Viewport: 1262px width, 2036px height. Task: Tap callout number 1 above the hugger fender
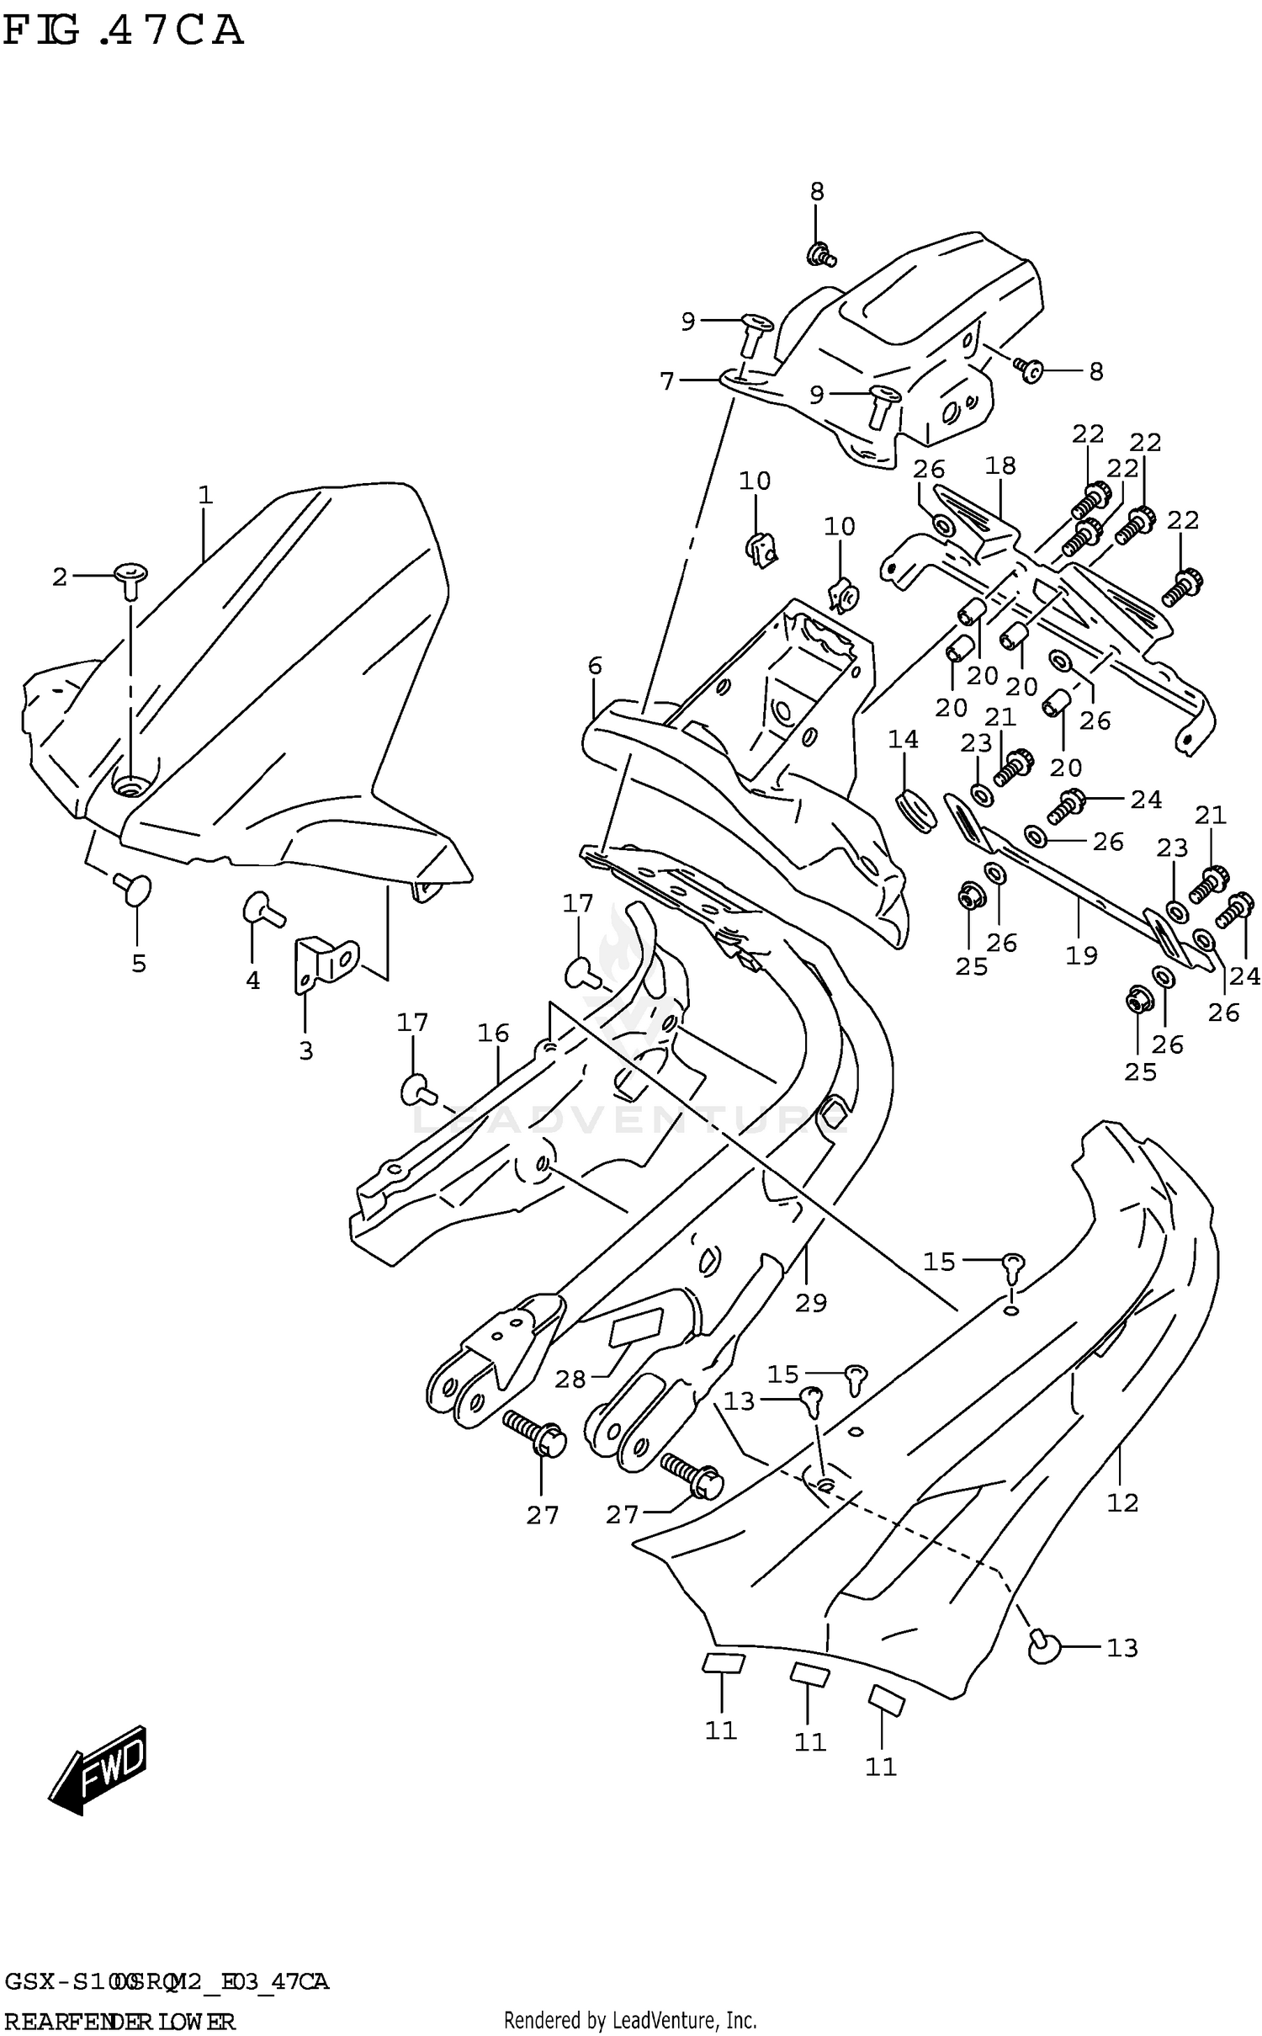(x=205, y=495)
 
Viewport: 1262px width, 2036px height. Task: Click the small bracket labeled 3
(x=324, y=962)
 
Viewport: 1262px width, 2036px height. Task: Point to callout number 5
(x=139, y=963)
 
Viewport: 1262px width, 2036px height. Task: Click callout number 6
(x=595, y=666)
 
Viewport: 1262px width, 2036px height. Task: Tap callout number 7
(x=667, y=381)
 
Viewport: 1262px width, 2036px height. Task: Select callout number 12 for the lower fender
(x=1122, y=1502)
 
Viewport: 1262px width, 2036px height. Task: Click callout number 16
(x=494, y=1033)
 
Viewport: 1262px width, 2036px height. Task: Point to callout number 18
(x=1000, y=465)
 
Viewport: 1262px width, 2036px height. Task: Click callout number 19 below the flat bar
(x=1081, y=955)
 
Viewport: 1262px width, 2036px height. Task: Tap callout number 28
(x=570, y=1379)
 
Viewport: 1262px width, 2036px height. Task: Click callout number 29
(x=811, y=1303)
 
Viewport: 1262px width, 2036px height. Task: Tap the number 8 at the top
(x=817, y=191)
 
